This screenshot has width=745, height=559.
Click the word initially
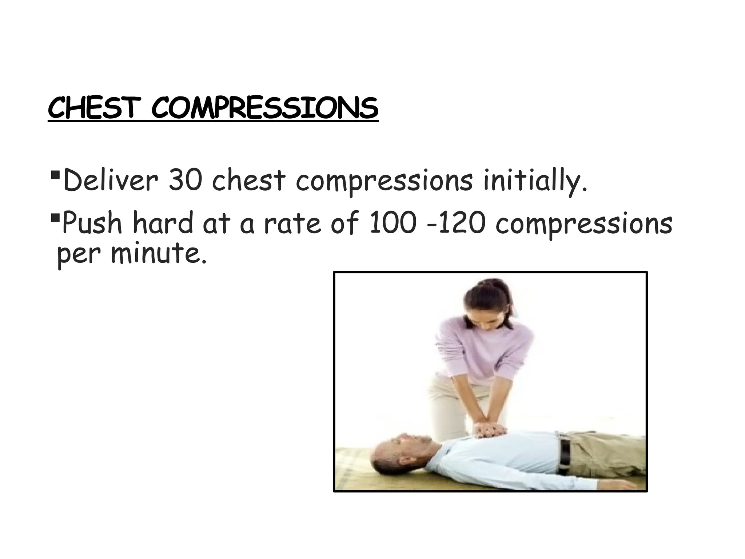click(x=535, y=181)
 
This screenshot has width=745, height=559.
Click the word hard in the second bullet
click(x=163, y=223)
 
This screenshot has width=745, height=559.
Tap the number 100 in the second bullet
click(x=392, y=223)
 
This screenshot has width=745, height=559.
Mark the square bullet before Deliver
click(x=55, y=176)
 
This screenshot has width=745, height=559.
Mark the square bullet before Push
click(x=55, y=219)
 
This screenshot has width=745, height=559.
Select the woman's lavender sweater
click(x=484, y=349)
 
